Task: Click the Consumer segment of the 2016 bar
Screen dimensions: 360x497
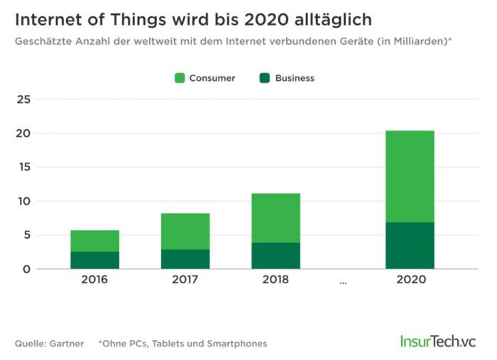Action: [94, 241]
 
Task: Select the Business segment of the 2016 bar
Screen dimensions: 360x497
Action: [94, 260]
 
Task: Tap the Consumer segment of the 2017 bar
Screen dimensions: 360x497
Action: [185, 231]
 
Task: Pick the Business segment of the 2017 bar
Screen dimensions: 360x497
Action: [185, 258]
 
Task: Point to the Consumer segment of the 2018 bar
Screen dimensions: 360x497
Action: [275, 218]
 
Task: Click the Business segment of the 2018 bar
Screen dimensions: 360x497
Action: [275, 256]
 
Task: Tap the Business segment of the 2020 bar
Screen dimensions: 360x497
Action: [410, 246]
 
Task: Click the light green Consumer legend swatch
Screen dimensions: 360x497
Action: [180, 78]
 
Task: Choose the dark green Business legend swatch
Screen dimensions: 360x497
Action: [264, 78]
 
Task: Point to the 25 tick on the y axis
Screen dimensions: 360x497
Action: [23, 99]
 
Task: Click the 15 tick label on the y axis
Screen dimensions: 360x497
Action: [23, 168]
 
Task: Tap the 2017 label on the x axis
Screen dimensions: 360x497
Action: [185, 280]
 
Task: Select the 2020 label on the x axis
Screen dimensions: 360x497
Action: [410, 280]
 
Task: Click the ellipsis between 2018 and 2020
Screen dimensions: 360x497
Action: [343, 281]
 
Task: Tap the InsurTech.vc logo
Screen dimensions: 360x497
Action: [436, 341]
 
